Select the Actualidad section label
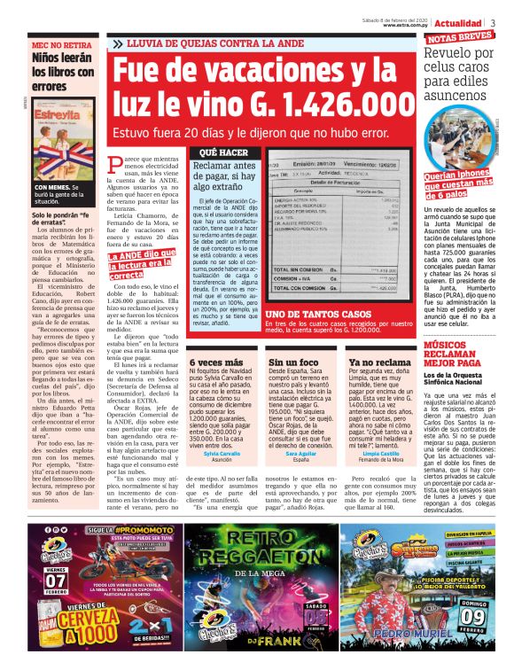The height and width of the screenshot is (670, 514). tap(458, 21)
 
